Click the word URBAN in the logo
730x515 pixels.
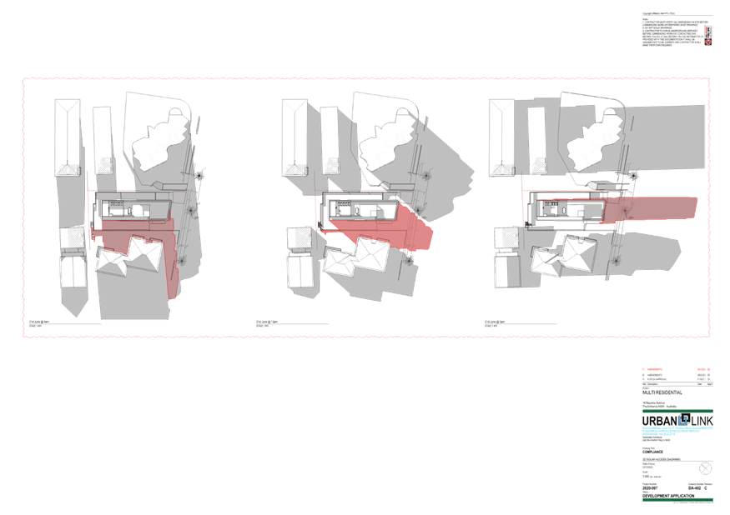point(659,422)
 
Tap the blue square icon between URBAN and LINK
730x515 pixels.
point(684,419)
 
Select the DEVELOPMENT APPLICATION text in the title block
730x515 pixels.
point(669,495)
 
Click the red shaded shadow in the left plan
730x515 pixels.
point(142,242)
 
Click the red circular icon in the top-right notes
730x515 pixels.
point(707,39)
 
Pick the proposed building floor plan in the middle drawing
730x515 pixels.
point(359,208)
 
